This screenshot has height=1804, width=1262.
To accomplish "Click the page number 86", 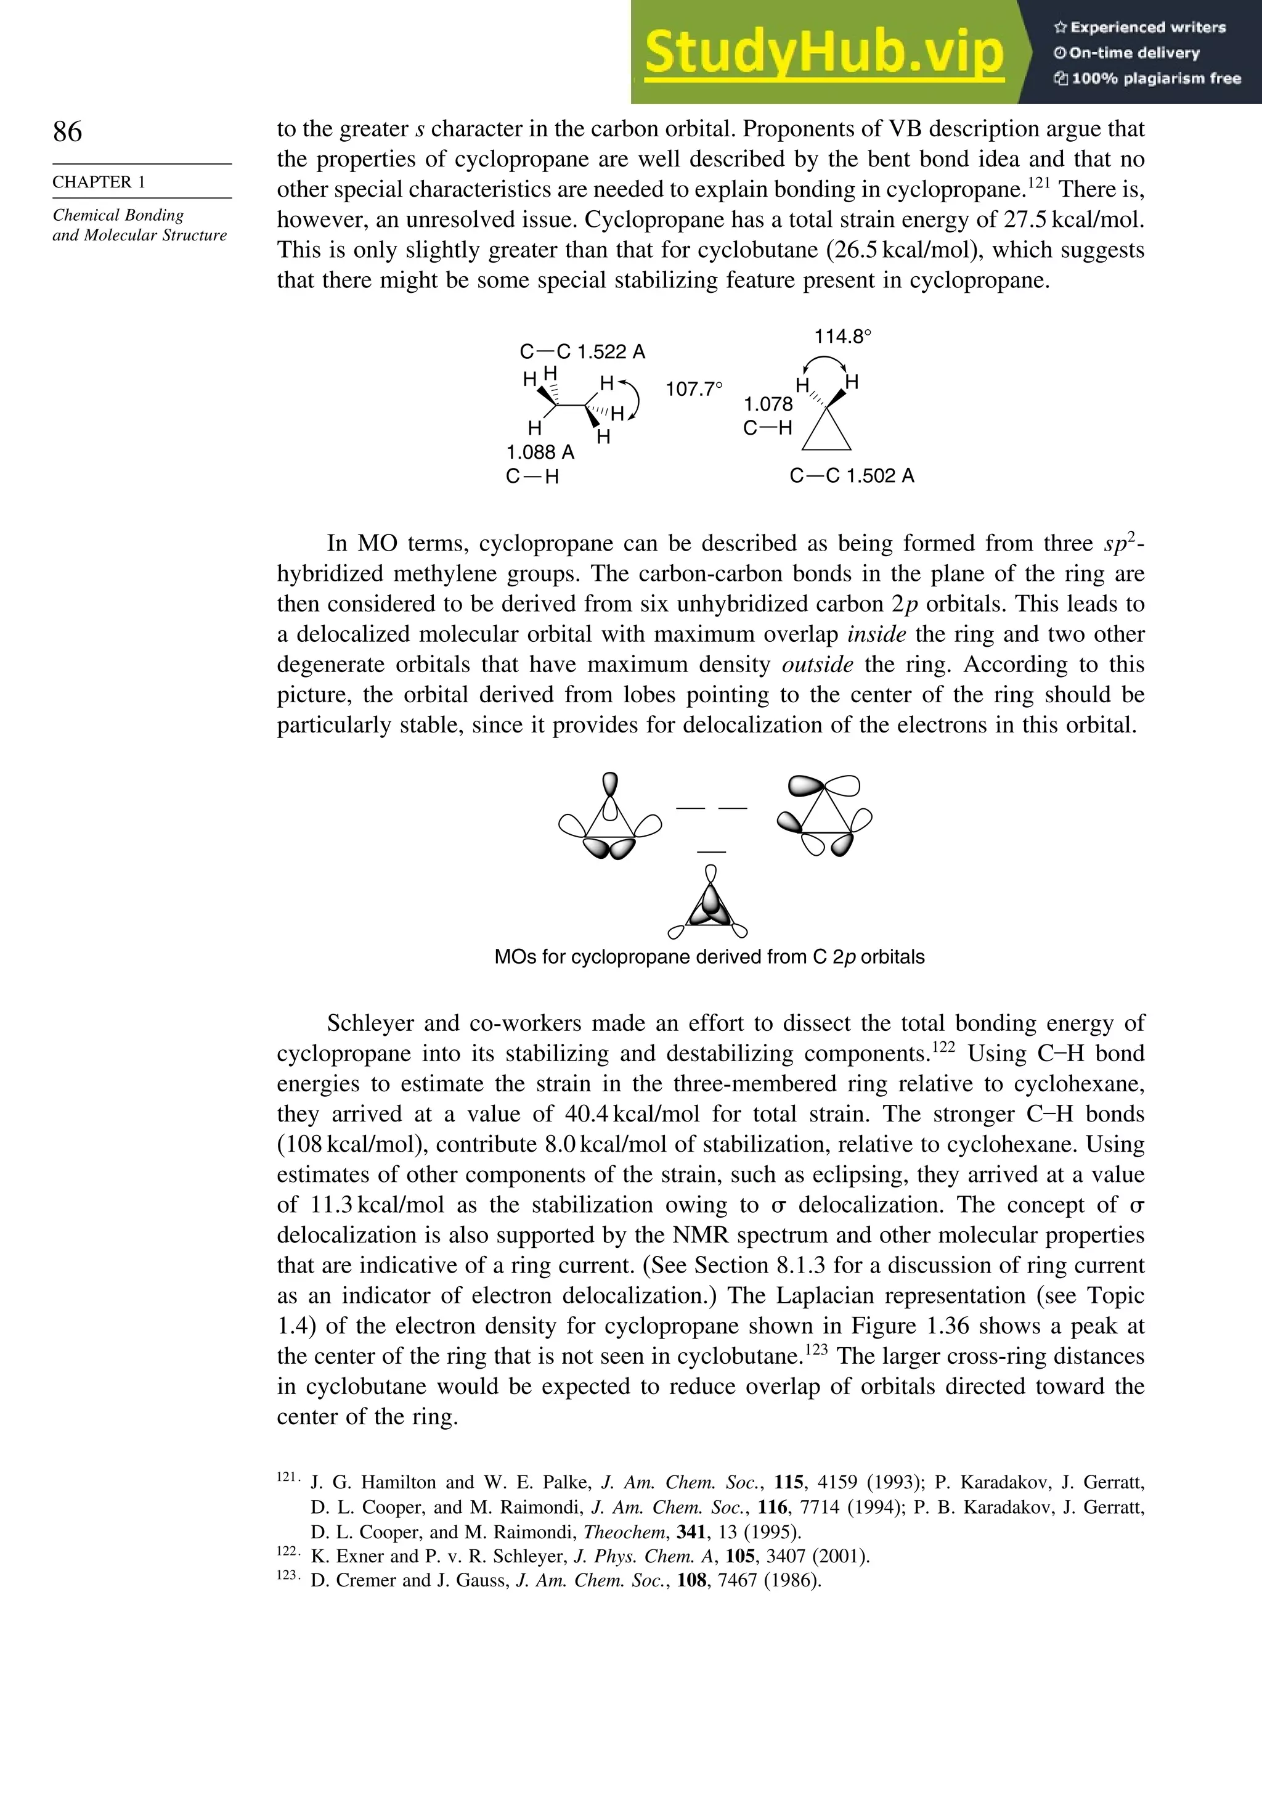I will tap(68, 131).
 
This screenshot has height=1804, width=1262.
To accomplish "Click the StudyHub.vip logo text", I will tap(824, 52).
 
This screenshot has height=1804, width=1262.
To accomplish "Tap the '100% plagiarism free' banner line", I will tap(1148, 78).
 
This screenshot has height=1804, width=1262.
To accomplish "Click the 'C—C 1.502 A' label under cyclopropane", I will tap(852, 475).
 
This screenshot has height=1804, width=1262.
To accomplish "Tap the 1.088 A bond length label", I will tap(540, 452).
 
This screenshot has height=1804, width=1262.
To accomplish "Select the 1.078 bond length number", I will tap(768, 404).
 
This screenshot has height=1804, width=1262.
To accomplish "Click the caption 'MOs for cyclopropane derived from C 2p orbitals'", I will tap(709, 957).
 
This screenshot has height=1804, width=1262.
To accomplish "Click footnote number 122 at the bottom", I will tap(287, 1550).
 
